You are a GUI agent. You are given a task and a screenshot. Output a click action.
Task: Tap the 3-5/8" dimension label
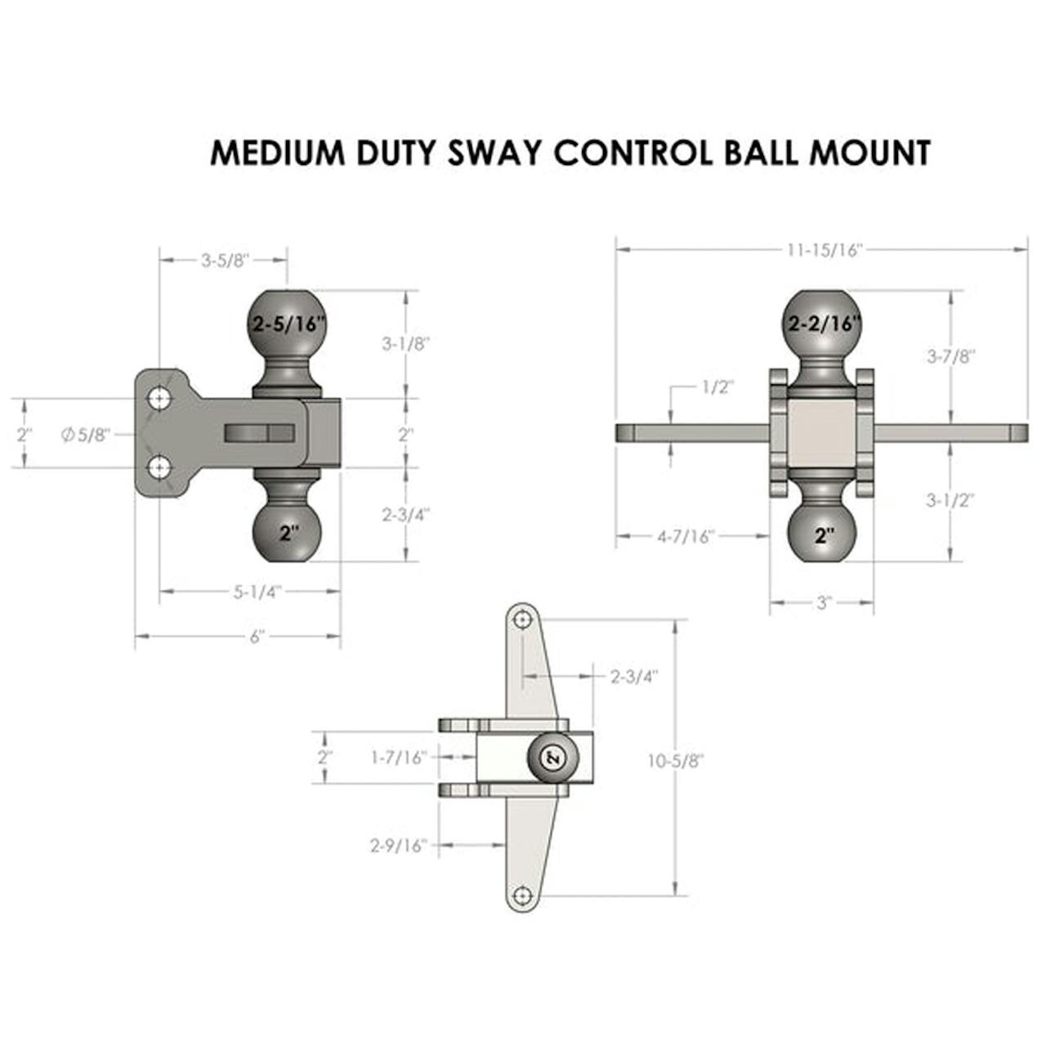pyautogui.click(x=225, y=261)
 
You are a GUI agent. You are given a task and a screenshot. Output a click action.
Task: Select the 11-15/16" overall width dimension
pyautogui.click(x=825, y=250)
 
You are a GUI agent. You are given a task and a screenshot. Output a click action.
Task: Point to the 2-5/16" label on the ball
pyautogui.click(x=288, y=324)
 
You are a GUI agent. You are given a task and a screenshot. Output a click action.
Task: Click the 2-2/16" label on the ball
pyautogui.click(x=825, y=324)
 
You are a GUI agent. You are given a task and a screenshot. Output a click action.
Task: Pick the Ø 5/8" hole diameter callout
pyautogui.click(x=86, y=435)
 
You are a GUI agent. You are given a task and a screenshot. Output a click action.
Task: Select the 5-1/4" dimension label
pyautogui.click(x=257, y=592)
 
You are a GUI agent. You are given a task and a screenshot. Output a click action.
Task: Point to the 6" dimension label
pyautogui.click(x=257, y=637)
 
